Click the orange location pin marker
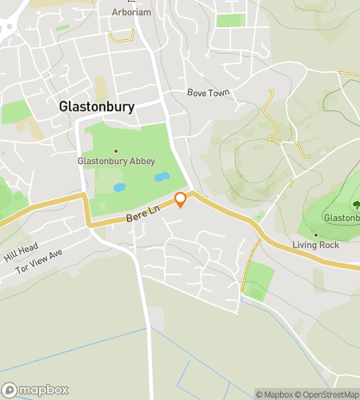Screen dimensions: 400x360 (x=181, y=199)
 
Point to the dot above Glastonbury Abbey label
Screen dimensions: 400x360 (x=116, y=150)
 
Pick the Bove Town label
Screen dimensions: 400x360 (x=208, y=93)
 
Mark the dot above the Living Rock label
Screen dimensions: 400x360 (x=316, y=235)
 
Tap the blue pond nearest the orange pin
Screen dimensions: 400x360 (x=162, y=176)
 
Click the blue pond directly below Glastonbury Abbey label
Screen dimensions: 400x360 (x=120, y=188)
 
